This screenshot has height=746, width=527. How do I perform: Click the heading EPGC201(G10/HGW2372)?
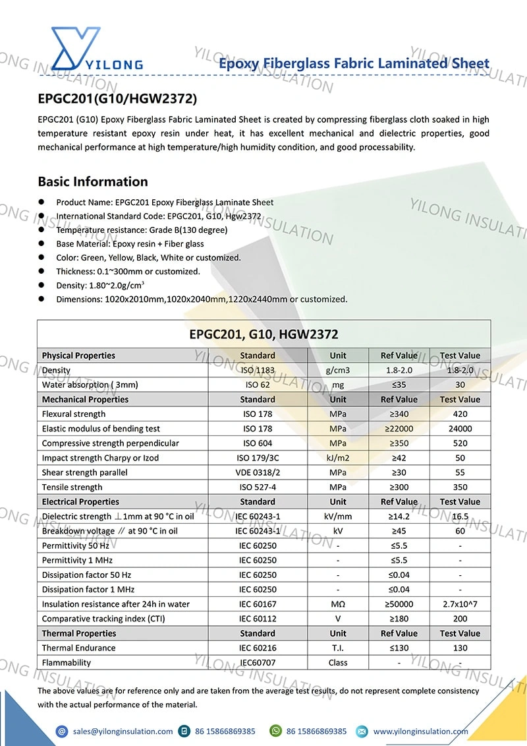[117, 99]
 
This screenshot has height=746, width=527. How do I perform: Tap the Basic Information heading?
[93, 181]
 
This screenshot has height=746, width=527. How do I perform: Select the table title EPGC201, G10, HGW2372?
[263, 334]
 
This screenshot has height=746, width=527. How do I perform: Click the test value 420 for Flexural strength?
[460, 414]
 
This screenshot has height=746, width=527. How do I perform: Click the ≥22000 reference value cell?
[399, 429]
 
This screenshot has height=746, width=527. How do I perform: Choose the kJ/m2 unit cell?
[338, 458]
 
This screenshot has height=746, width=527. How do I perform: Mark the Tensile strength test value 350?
[460, 487]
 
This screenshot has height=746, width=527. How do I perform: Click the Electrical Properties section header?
[80, 502]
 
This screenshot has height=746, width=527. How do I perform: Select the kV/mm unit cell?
[338, 516]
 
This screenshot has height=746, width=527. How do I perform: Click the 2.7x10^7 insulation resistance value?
[460, 604]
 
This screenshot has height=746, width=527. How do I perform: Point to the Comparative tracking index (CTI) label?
[103, 619]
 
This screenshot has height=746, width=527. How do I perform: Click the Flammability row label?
[67, 662]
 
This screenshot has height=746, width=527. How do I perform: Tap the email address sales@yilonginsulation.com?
[123, 731]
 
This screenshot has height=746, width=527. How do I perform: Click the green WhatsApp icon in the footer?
[275, 731]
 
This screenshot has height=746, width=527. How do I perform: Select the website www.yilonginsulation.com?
[420, 731]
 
